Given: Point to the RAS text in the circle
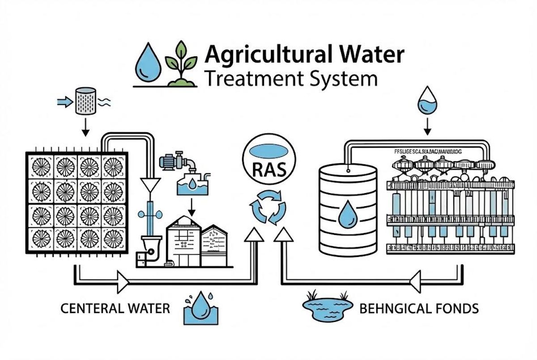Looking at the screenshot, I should (x=269, y=170).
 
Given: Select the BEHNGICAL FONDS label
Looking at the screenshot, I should (x=419, y=308).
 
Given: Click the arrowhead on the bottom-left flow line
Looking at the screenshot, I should (x=122, y=283).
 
